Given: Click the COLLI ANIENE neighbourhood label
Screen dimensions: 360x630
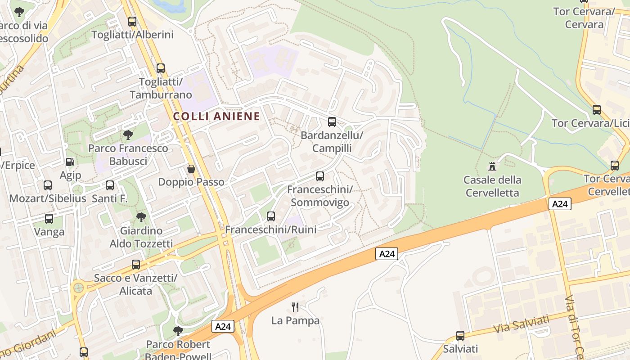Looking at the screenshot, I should tap(216, 116).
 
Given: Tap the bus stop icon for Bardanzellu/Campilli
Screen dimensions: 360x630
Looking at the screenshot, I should tap(332, 121).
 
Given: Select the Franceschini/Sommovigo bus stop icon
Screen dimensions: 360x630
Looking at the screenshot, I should tap(320, 176).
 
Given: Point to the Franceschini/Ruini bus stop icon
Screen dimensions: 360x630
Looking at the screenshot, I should tap(271, 216).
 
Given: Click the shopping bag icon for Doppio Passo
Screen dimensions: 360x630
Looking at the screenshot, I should tap(191, 169).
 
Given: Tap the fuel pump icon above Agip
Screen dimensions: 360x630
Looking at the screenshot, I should tap(70, 162).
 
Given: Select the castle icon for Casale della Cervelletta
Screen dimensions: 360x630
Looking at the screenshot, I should tap(492, 166).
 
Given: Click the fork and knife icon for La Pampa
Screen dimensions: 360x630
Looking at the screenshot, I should tap(295, 307).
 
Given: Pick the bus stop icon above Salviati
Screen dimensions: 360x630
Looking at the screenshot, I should tap(460, 335).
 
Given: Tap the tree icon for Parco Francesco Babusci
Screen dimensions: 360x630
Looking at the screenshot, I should tap(128, 135).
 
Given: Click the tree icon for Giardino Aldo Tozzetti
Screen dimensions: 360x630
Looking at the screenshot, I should tap(141, 217).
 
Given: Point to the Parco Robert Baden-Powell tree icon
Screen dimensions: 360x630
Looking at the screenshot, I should tap(178, 331).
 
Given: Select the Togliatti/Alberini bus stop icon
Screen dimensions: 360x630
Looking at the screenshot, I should tap(132, 21).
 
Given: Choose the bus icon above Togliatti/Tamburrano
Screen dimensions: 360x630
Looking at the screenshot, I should tap(161, 68).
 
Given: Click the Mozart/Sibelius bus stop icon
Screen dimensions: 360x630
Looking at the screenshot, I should tap(48, 185).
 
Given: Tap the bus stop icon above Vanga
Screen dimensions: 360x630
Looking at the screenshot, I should tap(49, 219).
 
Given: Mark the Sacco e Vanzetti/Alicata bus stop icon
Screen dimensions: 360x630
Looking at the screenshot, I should tap(136, 265).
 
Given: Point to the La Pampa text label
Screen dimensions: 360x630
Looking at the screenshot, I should tap(295, 321).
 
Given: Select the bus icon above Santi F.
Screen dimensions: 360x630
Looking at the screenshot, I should tap(110, 185).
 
